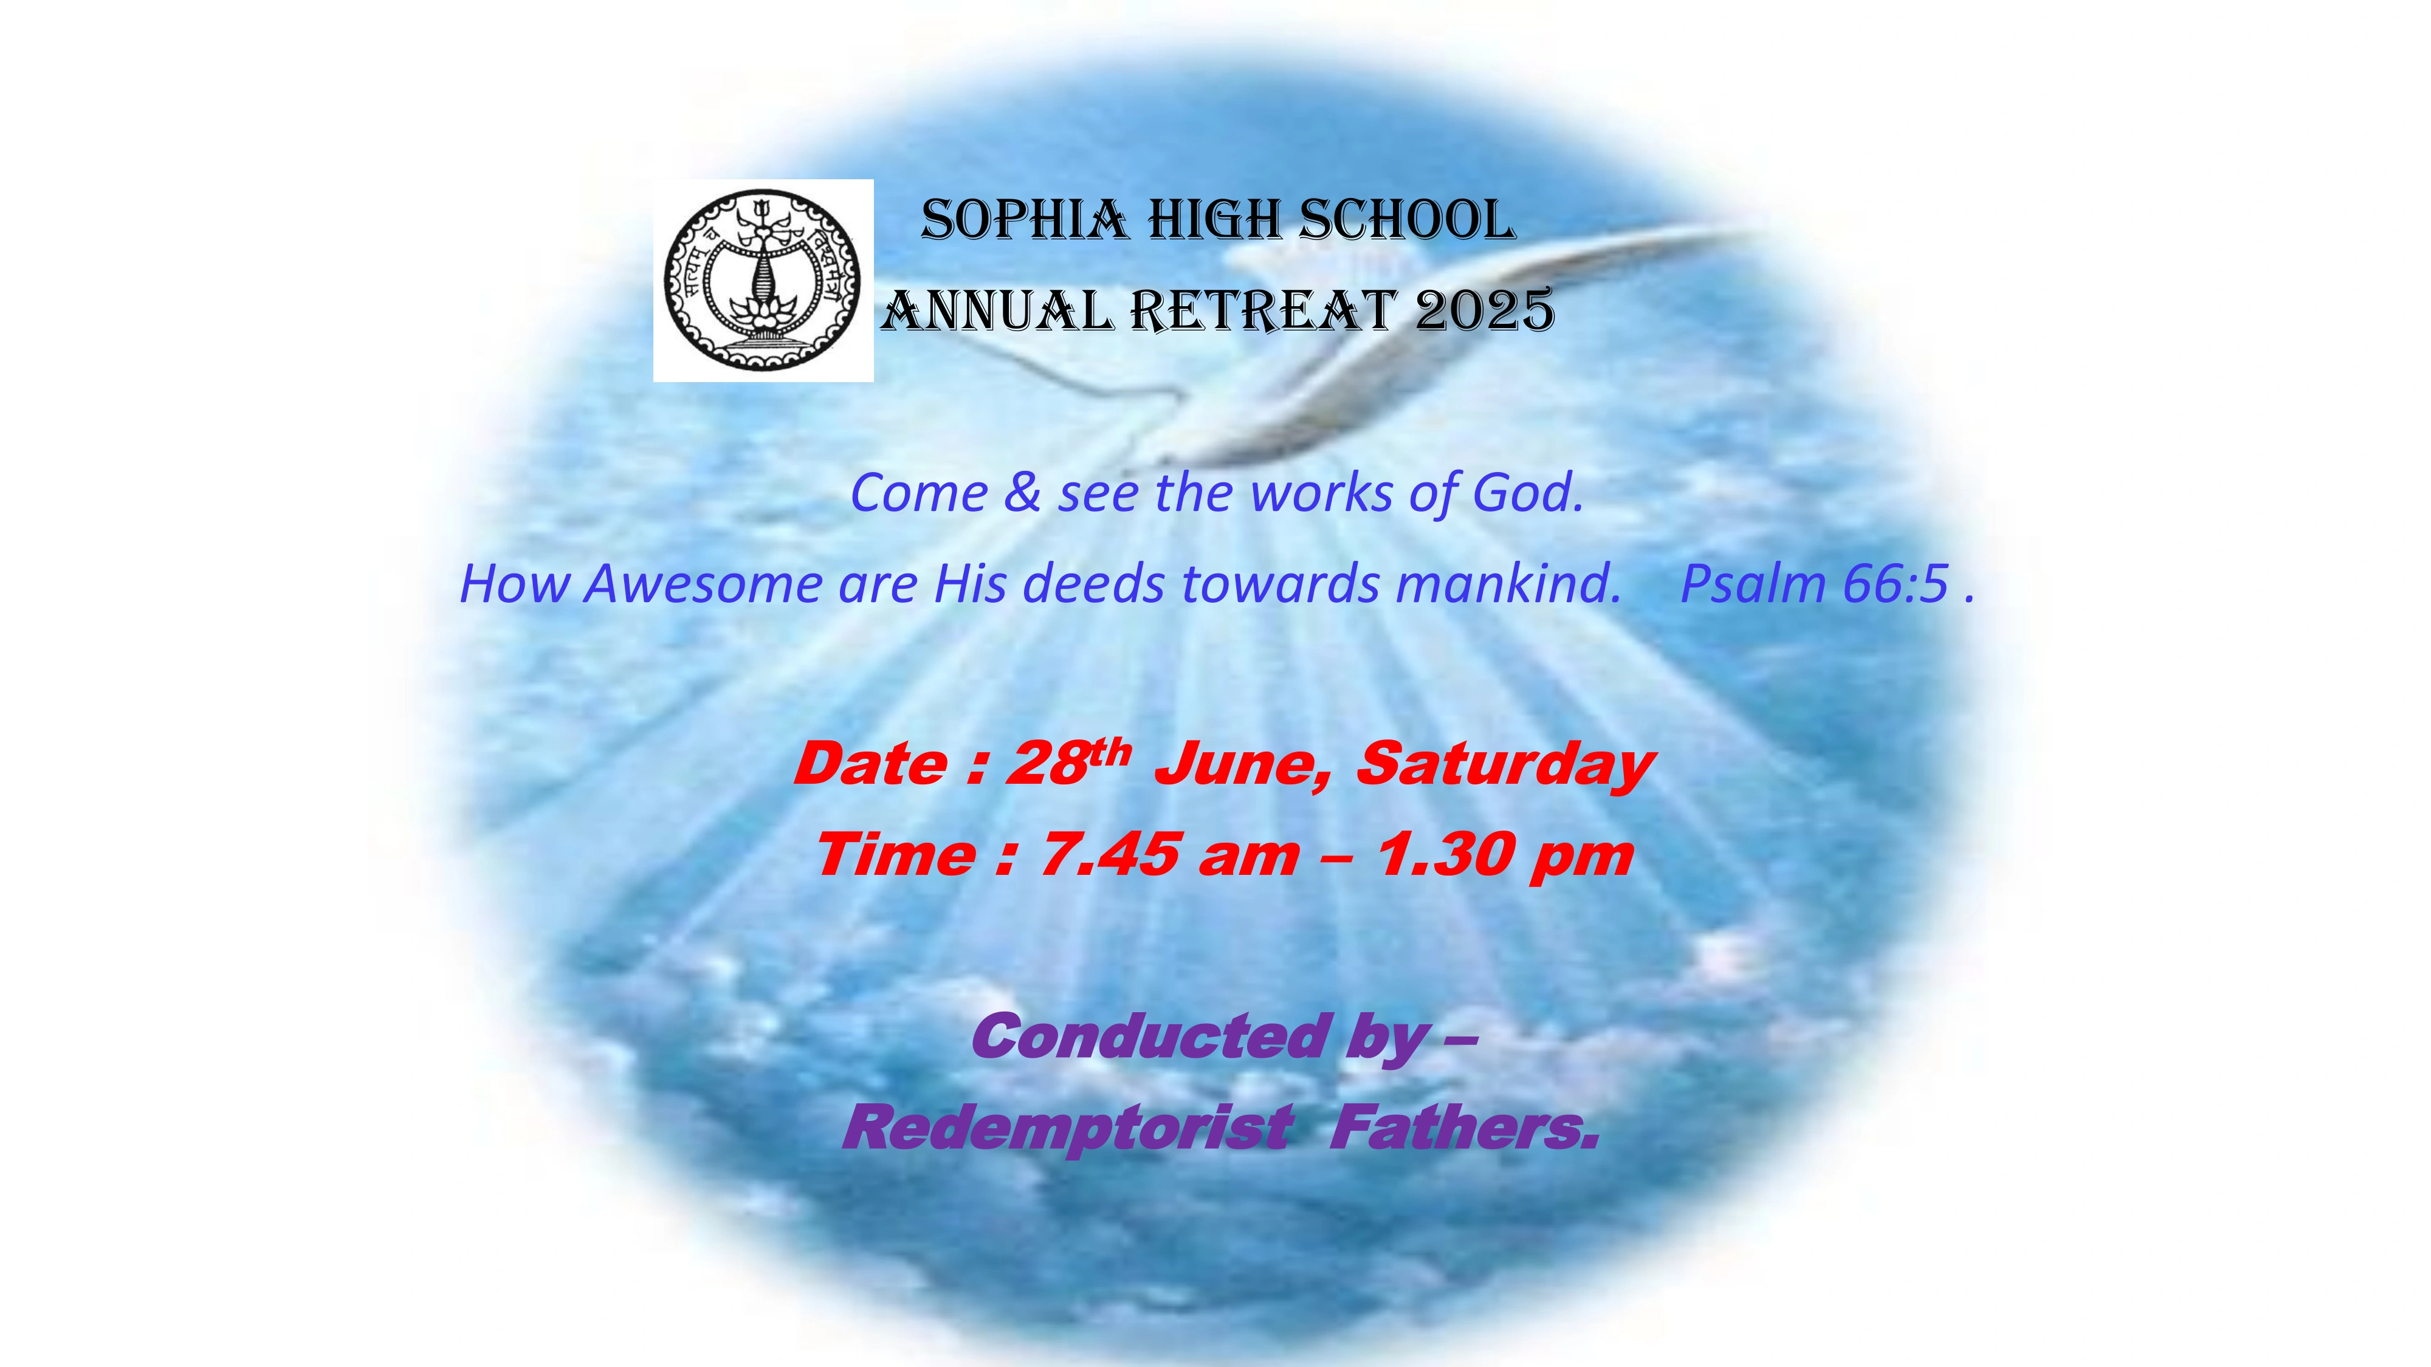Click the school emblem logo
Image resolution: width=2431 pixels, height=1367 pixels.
[x=763, y=280]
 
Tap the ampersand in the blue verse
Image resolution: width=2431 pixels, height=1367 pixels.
[x=1023, y=493]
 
